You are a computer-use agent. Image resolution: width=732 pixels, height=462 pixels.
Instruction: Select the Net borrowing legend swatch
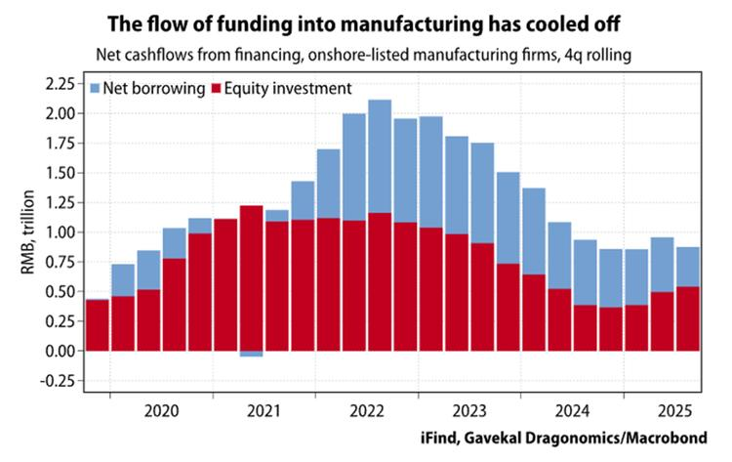pyautogui.click(x=96, y=89)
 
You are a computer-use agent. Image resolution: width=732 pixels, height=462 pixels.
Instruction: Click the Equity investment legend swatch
pyautogui.click(x=215, y=89)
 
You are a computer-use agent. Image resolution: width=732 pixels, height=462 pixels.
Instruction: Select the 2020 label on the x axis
pyautogui.click(x=160, y=410)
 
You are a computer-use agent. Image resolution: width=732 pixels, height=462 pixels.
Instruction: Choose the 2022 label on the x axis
pyautogui.click(x=366, y=410)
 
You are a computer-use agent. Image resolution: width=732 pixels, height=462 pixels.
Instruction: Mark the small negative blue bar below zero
pyautogui.click(x=251, y=354)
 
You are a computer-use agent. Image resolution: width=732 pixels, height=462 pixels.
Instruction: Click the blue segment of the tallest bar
pyautogui.click(x=380, y=156)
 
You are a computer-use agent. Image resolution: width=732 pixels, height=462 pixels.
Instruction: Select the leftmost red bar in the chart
pyautogui.click(x=98, y=324)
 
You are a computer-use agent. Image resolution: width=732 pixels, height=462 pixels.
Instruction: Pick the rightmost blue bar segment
pyautogui.click(x=687, y=267)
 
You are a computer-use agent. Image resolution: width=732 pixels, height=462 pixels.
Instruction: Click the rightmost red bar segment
pyautogui.click(x=687, y=318)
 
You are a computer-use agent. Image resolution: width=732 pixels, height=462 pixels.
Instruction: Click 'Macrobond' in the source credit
pyautogui.click(x=671, y=436)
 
